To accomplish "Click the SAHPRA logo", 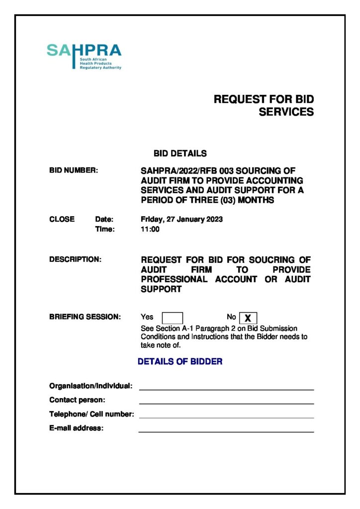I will click(84, 56).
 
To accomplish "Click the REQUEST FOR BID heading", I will click(264, 99).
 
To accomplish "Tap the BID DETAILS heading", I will click(180, 154).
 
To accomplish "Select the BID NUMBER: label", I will click(74, 170).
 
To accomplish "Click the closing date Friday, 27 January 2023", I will click(181, 219).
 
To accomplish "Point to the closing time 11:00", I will click(150, 230).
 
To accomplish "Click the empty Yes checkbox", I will click(173, 318).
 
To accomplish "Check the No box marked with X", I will click(248, 318).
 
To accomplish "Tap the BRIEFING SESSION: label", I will click(85, 317).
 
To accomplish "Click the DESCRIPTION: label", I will click(75, 259).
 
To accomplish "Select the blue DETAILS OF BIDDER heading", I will click(180, 362).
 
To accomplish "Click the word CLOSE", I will click(62, 219).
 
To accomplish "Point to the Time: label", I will click(105, 230).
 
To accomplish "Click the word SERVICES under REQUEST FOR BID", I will click(286, 112).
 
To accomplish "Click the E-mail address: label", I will click(76, 428).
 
